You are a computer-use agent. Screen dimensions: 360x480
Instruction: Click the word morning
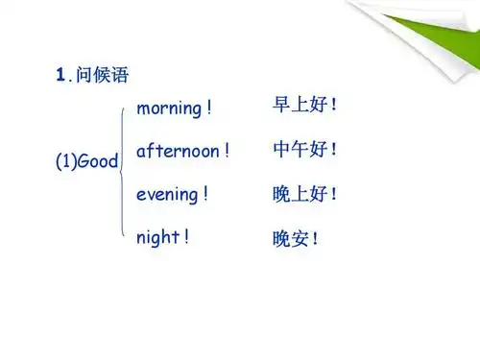coord(169,108)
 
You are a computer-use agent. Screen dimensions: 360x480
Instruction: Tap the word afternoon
coord(180,151)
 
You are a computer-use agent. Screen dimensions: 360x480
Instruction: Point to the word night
coord(156,236)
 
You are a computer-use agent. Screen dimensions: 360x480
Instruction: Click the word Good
coord(98,162)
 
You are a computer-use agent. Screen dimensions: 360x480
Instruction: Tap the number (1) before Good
coord(66,162)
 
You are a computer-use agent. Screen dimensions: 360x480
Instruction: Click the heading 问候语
coord(105,75)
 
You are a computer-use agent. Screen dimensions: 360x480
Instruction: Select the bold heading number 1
coord(60,75)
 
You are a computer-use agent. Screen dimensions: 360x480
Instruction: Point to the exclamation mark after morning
coord(209,108)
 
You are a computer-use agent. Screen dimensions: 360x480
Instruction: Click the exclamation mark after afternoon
coord(227,151)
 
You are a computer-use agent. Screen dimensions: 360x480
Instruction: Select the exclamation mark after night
coord(185,236)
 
